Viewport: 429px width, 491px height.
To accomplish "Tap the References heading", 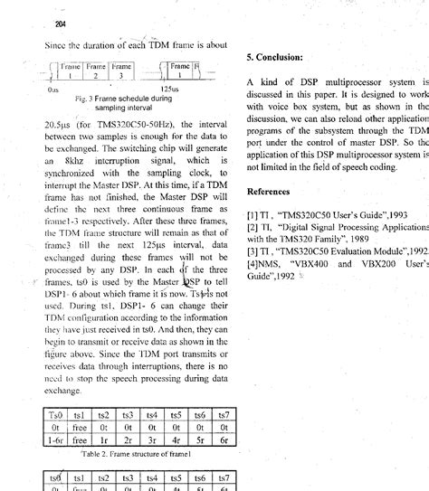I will [x=276, y=192].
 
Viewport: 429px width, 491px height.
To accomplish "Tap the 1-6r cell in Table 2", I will [x=55, y=440].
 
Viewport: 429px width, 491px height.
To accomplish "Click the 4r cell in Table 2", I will [x=176, y=440].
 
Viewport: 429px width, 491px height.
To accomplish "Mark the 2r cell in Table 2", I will [x=128, y=440].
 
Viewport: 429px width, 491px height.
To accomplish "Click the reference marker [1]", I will [x=253, y=215].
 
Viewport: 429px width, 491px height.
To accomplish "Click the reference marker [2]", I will [x=253, y=227].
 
